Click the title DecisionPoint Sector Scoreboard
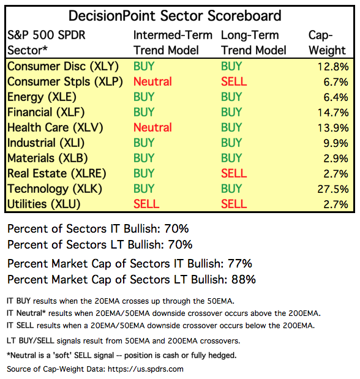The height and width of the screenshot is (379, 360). click(x=175, y=16)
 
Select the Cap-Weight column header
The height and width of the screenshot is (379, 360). click(x=327, y=43)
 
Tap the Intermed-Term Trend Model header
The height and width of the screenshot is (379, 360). click(x=173, y=43)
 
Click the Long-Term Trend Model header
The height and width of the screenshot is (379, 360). click(x=253, y=43)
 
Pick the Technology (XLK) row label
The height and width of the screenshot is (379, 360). click(x=54, y=189)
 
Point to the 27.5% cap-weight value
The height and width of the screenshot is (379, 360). click(x=333, y=189)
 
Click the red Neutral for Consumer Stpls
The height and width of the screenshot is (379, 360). click(x=152, y=81)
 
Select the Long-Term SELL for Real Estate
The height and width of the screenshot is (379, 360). click(x=234, y=173)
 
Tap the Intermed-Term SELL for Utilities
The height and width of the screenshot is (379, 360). click(x=146, y=205)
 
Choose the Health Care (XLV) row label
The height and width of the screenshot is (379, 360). click(x=55, y=127)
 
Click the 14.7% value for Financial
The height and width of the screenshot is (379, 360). click(x=333, y=113)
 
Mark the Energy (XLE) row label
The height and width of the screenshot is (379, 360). click(x=42, y=97)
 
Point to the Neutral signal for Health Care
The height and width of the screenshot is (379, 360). click(x=152, y=127)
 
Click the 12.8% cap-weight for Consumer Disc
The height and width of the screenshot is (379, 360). click(x=333, y=67)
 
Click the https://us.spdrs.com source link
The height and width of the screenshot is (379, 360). click(x=146, y=369)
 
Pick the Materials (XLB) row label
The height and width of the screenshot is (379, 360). click(x=47, y=159)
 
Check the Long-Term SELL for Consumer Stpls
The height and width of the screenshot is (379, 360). click(x=234, y=81)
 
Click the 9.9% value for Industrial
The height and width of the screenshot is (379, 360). click(x=336, y=143)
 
